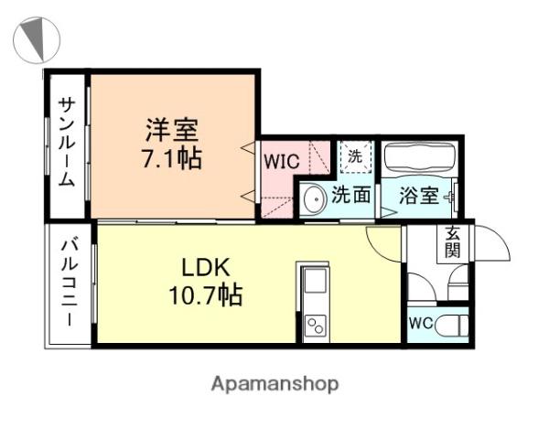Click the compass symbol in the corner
click(37, 40)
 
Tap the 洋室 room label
click(172, 130)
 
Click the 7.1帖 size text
click(172, 158)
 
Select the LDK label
click(206, 268)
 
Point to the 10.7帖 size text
click(206, 295)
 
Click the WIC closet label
click(282, 162)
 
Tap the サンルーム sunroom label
click(67, 142)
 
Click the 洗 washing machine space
click(355, 156)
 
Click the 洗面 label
click(350, 194)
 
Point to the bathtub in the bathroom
click(419, 158)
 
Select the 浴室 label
click(419, 196)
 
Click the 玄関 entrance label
click(452, 242)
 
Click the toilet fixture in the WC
click(452, 324)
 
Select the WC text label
click(421, 323)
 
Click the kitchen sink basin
click(316, 281)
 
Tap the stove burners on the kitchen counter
click(316, 326)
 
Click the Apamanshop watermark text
click(274, 384)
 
